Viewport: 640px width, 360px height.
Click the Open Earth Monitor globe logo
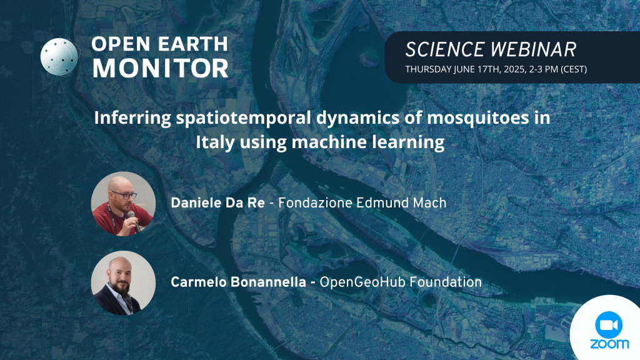(59, 57)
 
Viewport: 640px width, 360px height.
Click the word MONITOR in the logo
(161, 68)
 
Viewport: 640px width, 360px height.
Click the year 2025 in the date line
(514, 69)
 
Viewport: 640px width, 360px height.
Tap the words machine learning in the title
(367, 142)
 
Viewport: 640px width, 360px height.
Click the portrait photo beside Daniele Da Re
(123, 204)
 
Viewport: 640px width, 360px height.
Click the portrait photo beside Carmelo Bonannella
(123, 283)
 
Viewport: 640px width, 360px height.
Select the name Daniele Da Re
(217, 203)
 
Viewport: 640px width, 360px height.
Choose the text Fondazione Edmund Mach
(362, 203)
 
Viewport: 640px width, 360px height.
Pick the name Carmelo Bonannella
(238, 282)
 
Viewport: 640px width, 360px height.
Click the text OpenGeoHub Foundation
(401, 282)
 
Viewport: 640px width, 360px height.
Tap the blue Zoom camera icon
(609, 325)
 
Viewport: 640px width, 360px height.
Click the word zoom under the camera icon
(609, 344)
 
